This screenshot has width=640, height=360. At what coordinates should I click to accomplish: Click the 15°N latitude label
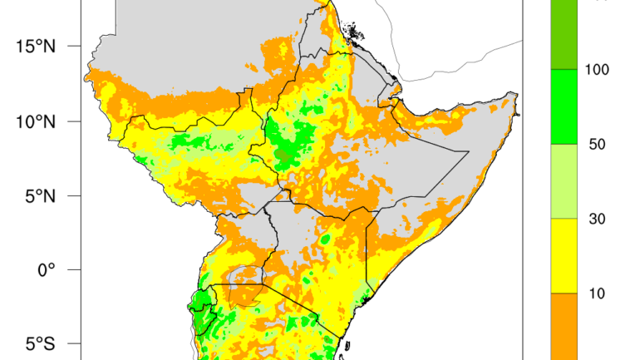[x=35, y=46]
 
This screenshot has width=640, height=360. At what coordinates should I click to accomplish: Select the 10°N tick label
[x=35, y=121]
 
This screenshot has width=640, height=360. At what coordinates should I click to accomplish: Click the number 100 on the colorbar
[x=598, y=70]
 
